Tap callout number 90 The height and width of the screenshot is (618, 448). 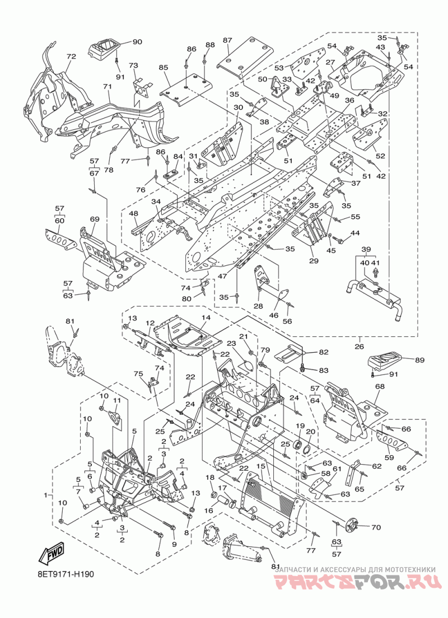(x=137, y=42)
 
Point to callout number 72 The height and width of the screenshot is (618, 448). (x=71, y=57)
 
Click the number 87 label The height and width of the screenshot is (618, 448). (x=227, y=40)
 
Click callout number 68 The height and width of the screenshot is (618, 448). (x=380, y=387)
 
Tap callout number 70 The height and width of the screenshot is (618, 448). (x=376, y=527)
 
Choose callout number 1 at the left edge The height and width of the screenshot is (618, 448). (x=46, y=494)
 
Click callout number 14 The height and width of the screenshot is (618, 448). (x=206, y=317)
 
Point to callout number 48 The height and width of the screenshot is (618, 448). (x=133, y=213)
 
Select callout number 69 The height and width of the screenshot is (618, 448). (x=94, y=219)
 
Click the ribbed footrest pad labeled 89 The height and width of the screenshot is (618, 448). (x=385, y=364)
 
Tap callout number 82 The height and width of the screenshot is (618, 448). (x=324, y=352)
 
